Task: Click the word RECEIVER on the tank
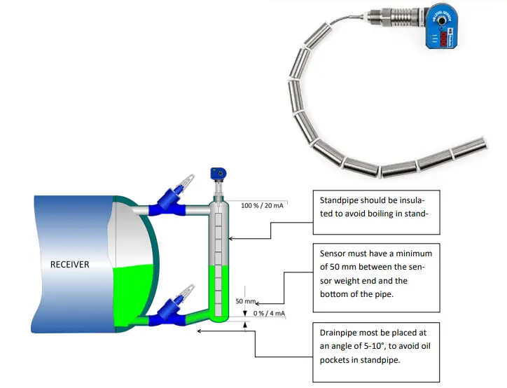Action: pos(71,265)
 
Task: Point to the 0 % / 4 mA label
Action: pos(269,313)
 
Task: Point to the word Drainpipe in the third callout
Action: pos(340,333)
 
